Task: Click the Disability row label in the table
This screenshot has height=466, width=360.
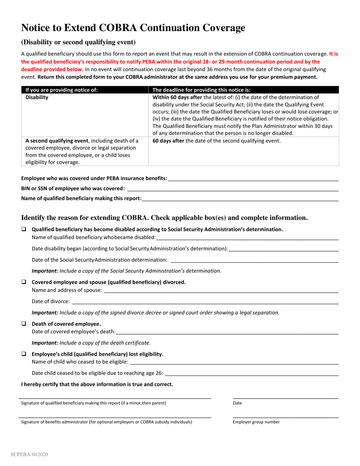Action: coord(37,98)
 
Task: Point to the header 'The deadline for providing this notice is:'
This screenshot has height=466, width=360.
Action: coord(201,90)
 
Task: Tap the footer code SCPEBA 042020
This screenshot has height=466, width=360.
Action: coord(29,455)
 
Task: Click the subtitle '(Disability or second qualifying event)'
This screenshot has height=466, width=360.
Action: coord(78,42)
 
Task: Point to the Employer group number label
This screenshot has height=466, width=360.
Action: coord(256,422)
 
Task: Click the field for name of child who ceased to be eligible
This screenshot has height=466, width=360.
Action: coord(234,363)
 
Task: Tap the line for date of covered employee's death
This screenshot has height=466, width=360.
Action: coord(227,332)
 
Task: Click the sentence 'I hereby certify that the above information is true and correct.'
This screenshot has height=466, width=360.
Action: coord(97,384)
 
